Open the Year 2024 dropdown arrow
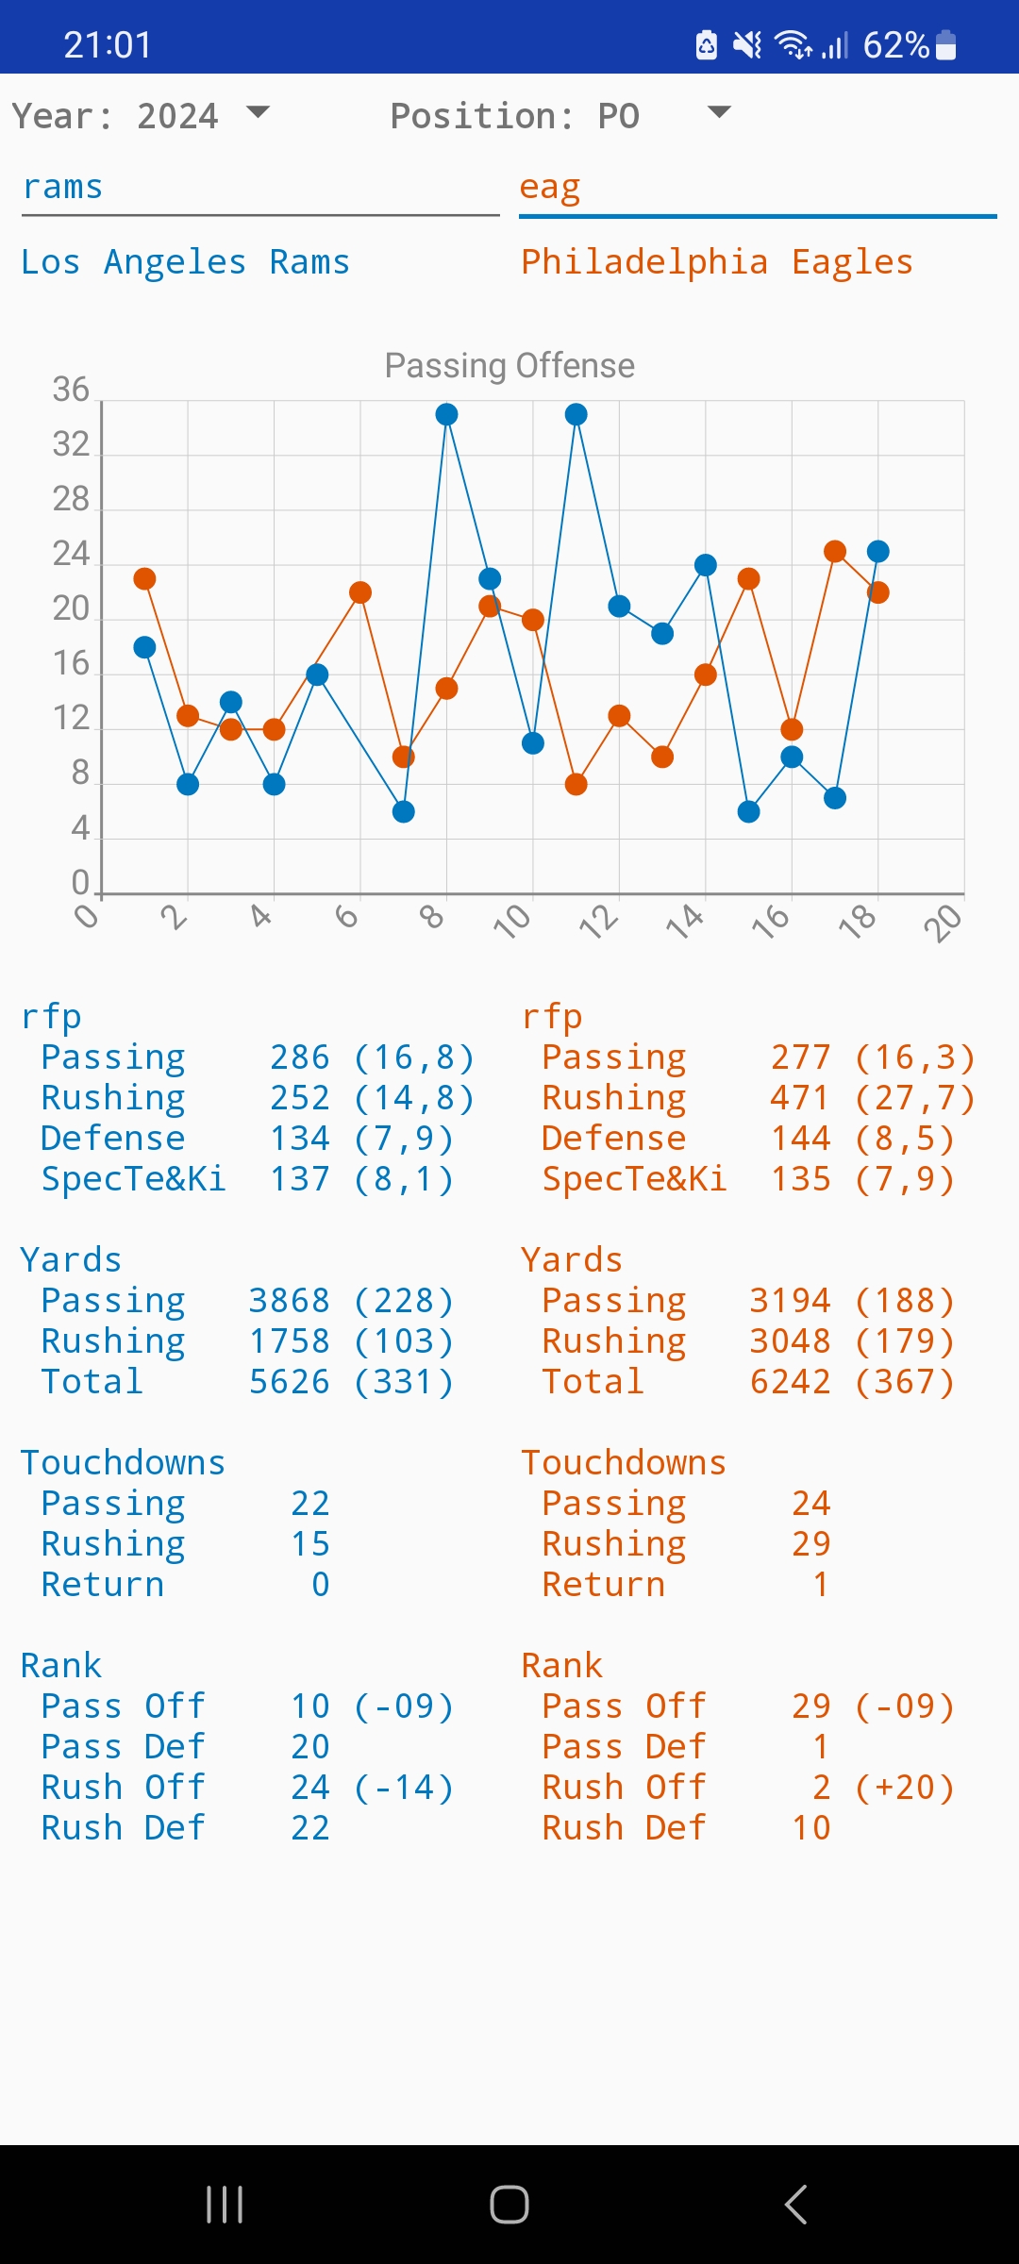pos(258,112)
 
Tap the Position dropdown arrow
pos(719,112)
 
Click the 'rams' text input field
pos(260,188)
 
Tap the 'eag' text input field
pos(757,188)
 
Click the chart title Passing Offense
pos(509,365)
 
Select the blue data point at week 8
pos(447,414)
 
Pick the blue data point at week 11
pos(576,414)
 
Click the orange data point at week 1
pos(144,578)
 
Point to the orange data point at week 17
pos(835,551)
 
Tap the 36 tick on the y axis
pos(71,390)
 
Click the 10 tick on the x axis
pos(513,921)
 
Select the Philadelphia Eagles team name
pos(717,262)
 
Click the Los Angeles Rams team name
pos(185,262)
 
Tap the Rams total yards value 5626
pos(289,1382)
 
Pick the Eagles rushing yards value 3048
pos(790,1341)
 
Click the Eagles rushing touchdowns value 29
pos(810,1544)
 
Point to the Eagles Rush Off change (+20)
pos(905,1788)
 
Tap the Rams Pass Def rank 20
pos(309,1747)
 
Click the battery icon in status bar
pos(945,44)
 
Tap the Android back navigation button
pos(795,2205)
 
